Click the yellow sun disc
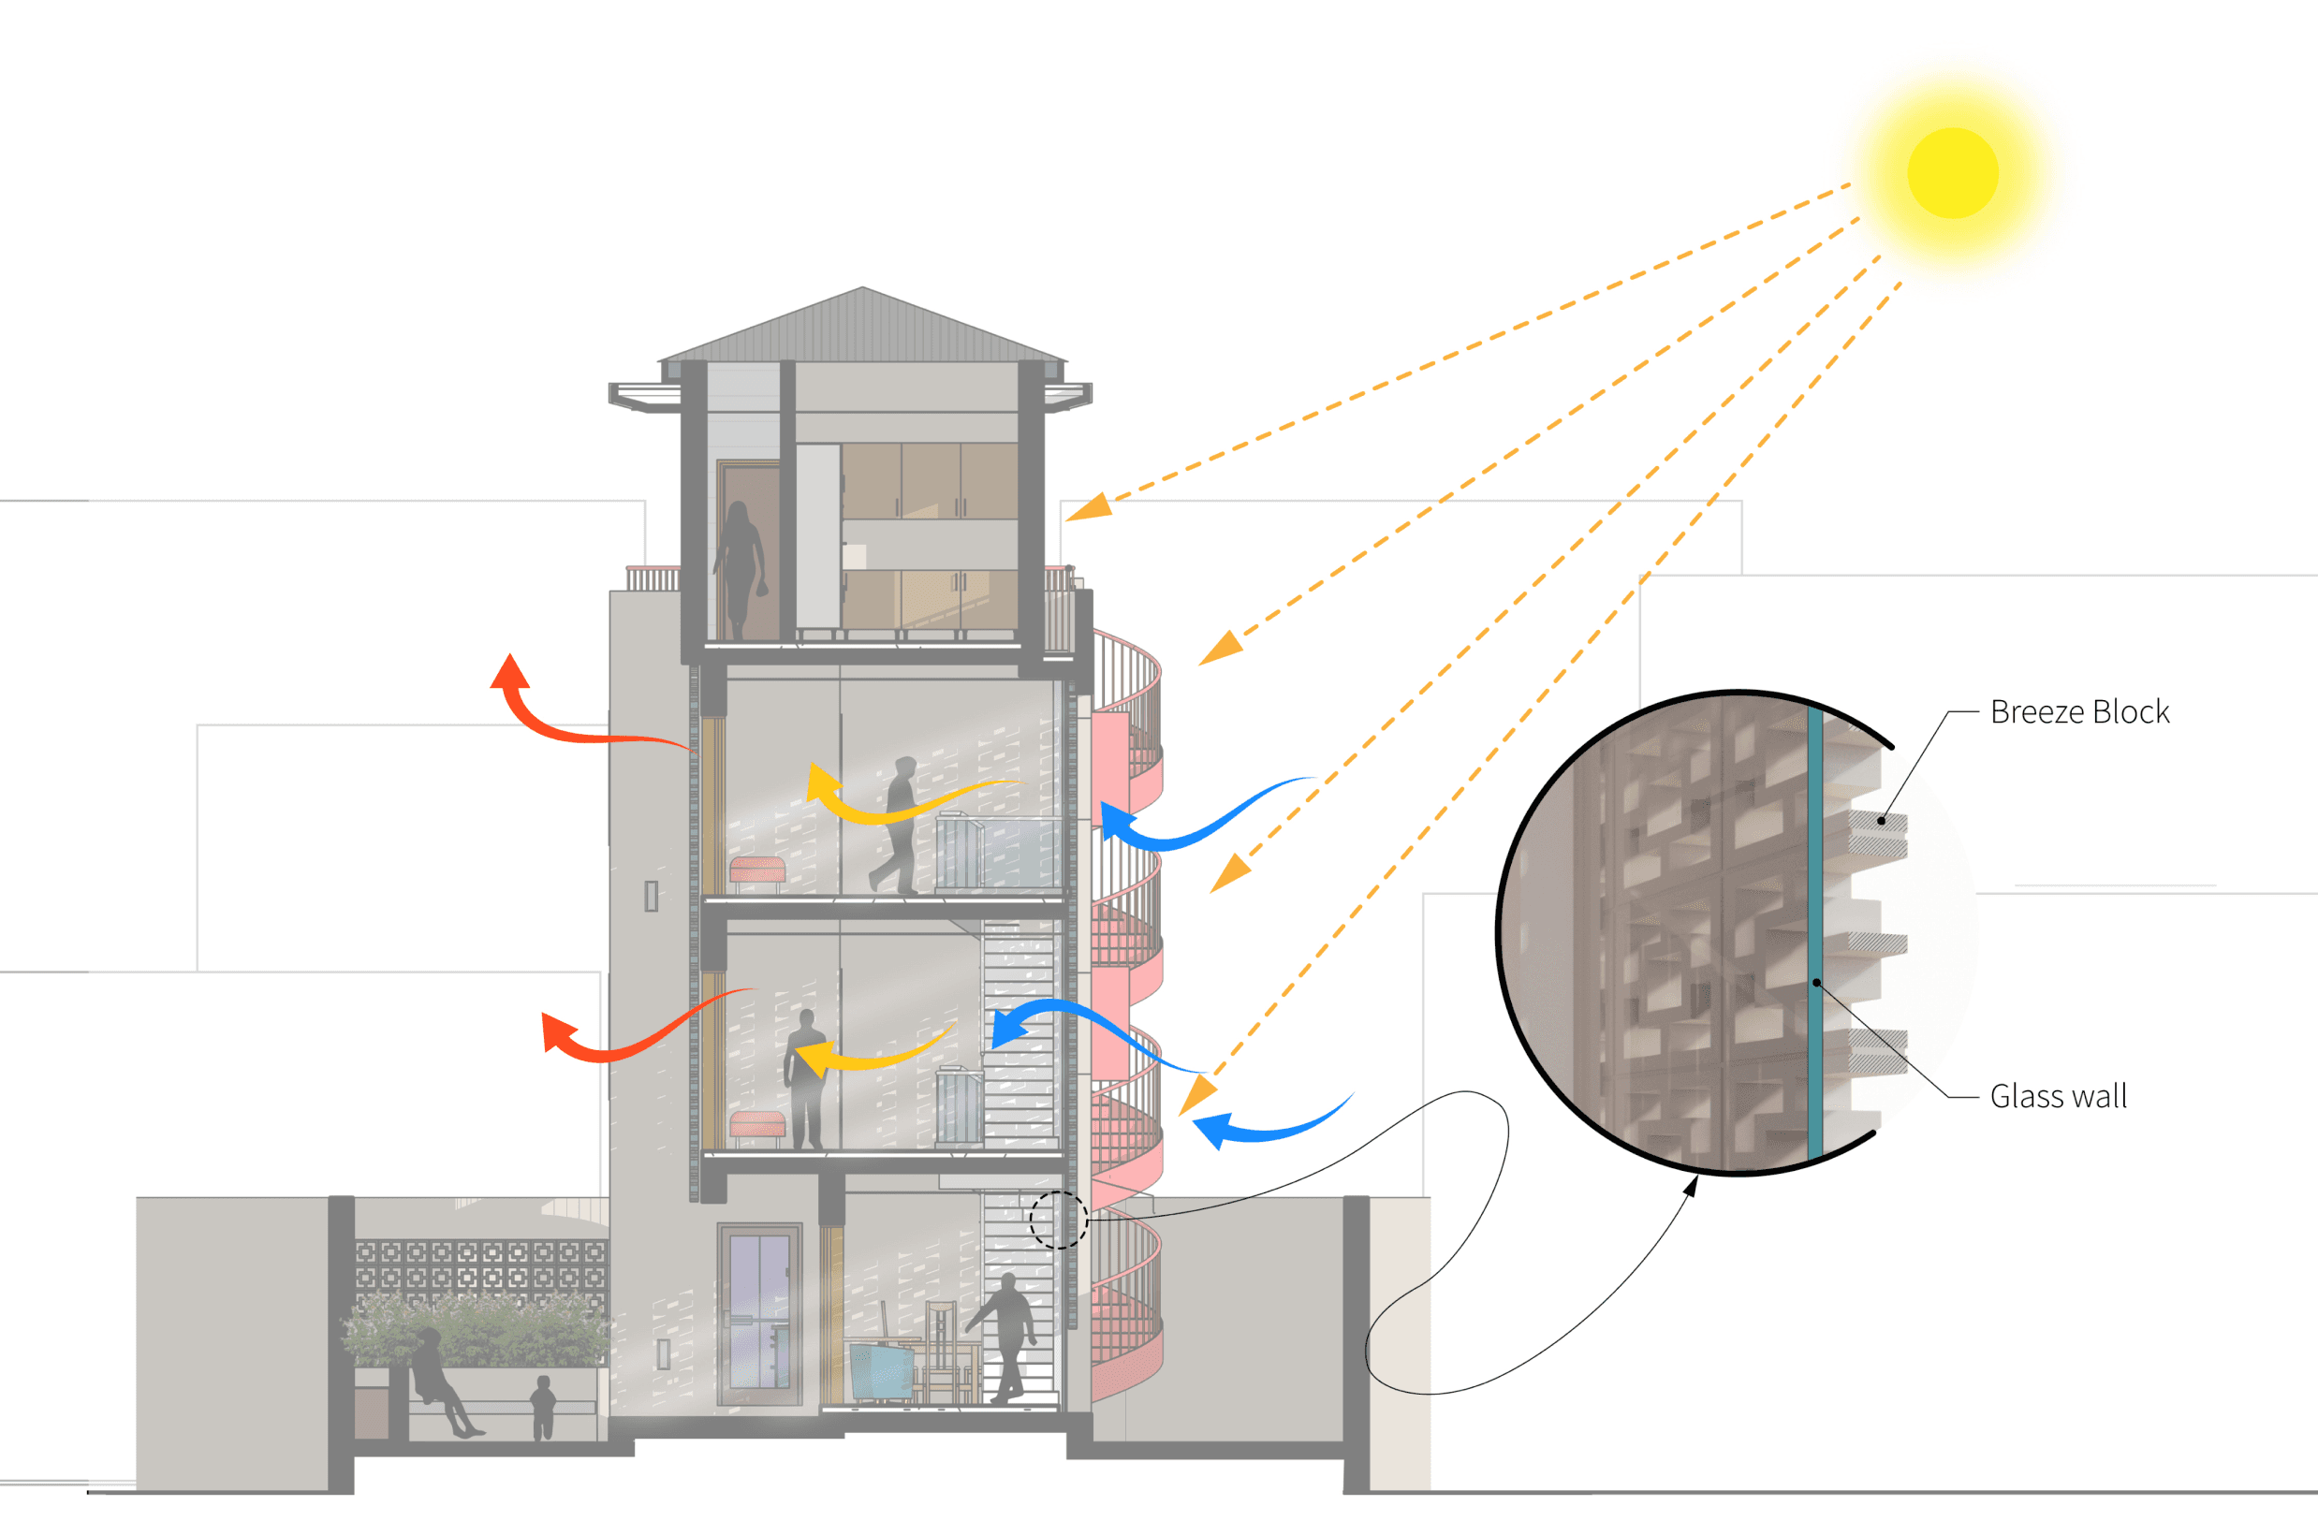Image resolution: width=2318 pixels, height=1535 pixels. pyautogui.click(x=1952, y=173)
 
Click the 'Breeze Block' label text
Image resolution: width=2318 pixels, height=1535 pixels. pyautogui.click(x=2079, y=711)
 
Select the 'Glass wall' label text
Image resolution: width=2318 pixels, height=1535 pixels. pyautogui.click(x=2058, y=1096)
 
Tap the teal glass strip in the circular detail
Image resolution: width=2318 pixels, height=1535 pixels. pyautogui.click(x=1815, y=930)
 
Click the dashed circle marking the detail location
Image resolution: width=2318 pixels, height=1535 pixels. pyautogui.click(x=1058, y=1220)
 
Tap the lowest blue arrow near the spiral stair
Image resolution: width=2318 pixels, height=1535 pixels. pyautogui.click(x=1263, y=1126)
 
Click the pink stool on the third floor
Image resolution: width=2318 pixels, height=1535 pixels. pyautogui.click(x=756, y=871)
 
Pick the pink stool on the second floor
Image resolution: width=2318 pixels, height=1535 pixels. pyautogui.click(x=756, y=1126)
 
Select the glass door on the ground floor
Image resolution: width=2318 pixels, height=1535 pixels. pyautogui.click(x=759, y=1312)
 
